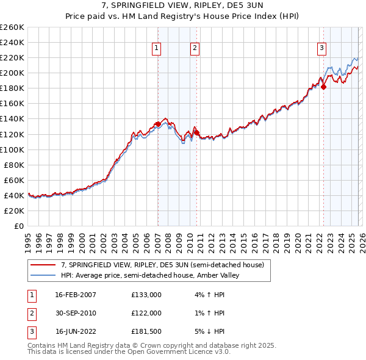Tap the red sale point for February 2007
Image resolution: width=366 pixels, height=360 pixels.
[x=158, y=124]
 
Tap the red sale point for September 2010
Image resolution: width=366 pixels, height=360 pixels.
[x=197, y=132]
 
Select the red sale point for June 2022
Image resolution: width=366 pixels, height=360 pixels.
[x=323, y=87]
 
